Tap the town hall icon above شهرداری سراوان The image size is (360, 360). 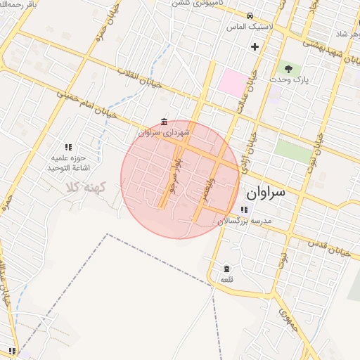(x=164, y=122)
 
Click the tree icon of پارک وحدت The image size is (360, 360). (x=288, y=68)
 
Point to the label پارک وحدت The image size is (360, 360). (x=288, y=80)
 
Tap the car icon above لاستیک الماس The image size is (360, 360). (x=250, y=15)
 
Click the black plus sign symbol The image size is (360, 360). (x=255, y=46)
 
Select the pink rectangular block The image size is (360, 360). (x=231, y=82)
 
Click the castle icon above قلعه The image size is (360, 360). (x=226, y=269)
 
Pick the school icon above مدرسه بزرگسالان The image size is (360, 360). (x=243, y=210)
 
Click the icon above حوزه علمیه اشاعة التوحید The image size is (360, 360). (x=69, y=147)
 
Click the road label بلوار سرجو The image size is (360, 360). (x=173, y=176)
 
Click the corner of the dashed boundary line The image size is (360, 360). (x=108, y=234)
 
